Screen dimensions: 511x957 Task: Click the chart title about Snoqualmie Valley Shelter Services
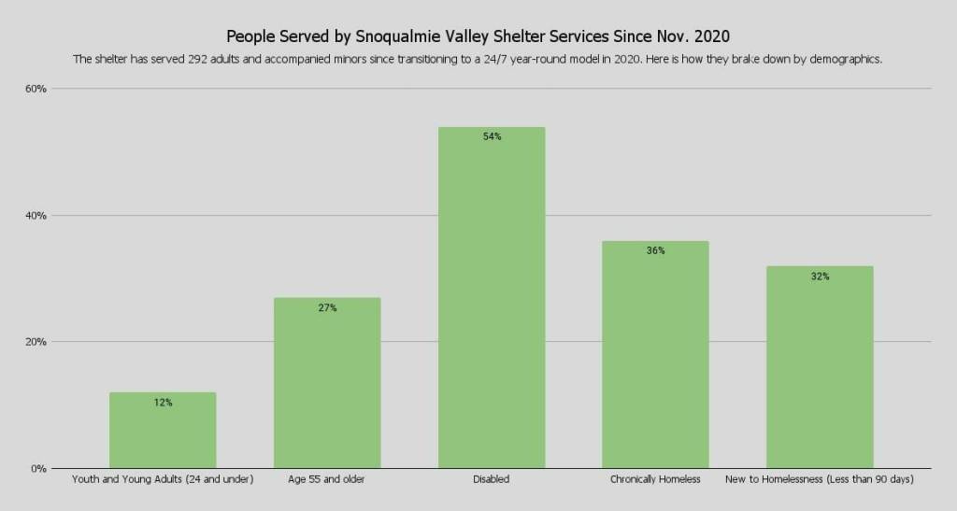pyautogui.click(x=478, y=36)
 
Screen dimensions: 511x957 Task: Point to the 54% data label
pyautogui.click(x=492, y=137)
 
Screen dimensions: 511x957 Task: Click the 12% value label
pyautogui.click(x=163, y=403)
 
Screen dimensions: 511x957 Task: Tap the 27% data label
pyautogui.click(x=327, y=308)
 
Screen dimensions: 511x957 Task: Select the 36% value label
pyautogui.click(x=655, y=251)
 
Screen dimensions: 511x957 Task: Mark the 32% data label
pyautogui.click(x=820, y=277)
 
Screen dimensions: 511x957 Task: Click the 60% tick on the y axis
pyautogui.click(x=36, y=89)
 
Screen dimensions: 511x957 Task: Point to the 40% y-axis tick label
pyautogui.click(x=36, y=215)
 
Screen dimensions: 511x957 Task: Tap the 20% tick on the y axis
pyautogui.click(x=36, y=342)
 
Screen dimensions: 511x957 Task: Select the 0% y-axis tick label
pyautogui.click(x=38, y=468)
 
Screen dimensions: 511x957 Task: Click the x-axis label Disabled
pyautogui.click(x=492, y=480)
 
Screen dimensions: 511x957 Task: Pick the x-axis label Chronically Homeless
pyautogui.click(x=655, y=480)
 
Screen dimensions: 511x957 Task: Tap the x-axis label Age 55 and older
pyautogui.click(x=327, y=480)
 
